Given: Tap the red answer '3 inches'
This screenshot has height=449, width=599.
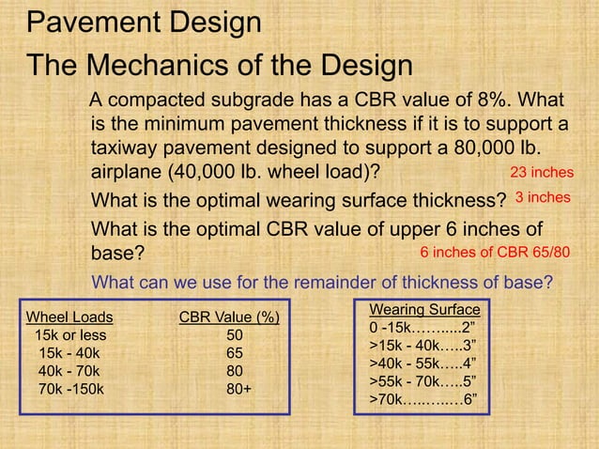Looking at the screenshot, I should tap(544, 197).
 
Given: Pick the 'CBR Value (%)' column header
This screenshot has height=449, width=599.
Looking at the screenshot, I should tap(229, 317).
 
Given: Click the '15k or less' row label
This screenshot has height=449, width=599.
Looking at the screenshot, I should tap(70, 334).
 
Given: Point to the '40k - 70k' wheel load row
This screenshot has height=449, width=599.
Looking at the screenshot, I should tap(69, 370).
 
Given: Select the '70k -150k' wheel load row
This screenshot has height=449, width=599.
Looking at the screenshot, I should tap(71, 388).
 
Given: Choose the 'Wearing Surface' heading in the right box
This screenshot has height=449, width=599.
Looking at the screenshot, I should tap(424, 310).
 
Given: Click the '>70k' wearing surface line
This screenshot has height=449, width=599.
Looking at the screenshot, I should tap(423, 399).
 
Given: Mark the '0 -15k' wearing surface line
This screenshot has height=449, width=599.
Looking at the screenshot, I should tap(423, 328).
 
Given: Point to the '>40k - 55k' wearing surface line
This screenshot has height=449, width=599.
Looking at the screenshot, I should tap(423, 364).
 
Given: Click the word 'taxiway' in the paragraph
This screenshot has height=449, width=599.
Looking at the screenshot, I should tap(124, 148).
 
